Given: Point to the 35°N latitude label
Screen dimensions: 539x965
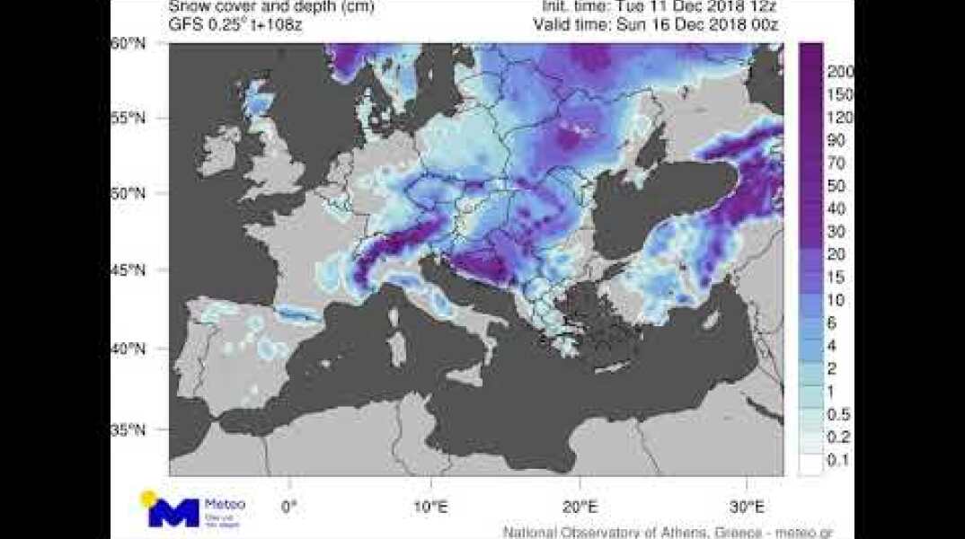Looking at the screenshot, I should click(128, 430).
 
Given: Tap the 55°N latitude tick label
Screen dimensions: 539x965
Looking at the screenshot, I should click(128, 119).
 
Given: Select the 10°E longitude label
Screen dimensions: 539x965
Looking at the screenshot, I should click(430, 506).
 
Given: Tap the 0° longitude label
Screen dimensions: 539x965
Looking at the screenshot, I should click(288, 506).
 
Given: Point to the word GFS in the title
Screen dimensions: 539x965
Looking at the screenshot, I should click(184, 24).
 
